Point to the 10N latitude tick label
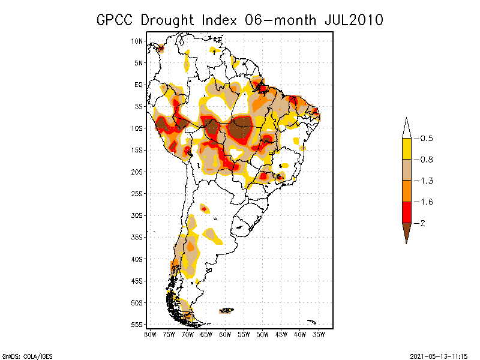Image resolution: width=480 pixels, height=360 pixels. pos(137,41)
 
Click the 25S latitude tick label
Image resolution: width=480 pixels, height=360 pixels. pos(137,193)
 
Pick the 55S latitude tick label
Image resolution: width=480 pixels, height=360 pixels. pos(137,324)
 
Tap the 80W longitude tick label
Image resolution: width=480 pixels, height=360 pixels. pos(150,334)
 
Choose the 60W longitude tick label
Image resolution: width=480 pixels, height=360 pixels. pos(225,334)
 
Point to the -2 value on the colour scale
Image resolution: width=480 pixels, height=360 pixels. pos(422,223)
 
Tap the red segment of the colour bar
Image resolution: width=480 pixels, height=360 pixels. pos(406,212)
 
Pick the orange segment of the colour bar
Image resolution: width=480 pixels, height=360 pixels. pos(406,191)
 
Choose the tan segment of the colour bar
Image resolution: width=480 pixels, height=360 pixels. pos(406,170)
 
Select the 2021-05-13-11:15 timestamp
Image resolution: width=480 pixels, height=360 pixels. pos(438,355)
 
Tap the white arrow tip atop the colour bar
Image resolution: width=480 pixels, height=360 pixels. pos(406,127)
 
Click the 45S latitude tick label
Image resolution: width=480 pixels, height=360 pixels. pos(137,280)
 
